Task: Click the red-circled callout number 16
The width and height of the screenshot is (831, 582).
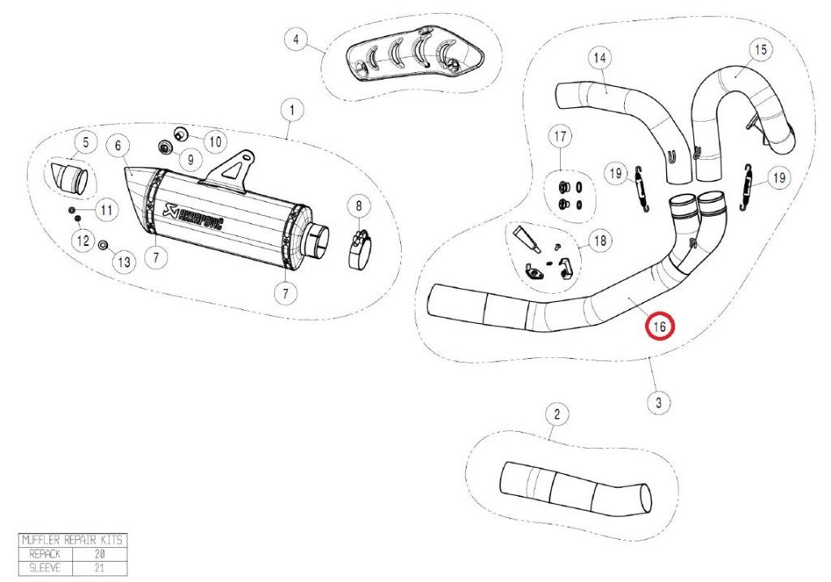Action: tap(659, 327)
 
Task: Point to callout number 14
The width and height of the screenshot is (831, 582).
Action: tap(600, 58)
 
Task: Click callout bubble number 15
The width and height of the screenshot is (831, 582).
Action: tap(760, 50)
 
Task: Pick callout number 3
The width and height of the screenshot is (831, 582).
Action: tap(658, 402)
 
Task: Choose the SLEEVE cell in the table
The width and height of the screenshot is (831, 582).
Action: tap(45, 567)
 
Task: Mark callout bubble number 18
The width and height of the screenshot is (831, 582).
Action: tap(600, 241)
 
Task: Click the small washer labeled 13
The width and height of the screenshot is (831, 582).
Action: tap(103, 245)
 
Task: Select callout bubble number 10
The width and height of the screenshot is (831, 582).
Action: tap(213, 141)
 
